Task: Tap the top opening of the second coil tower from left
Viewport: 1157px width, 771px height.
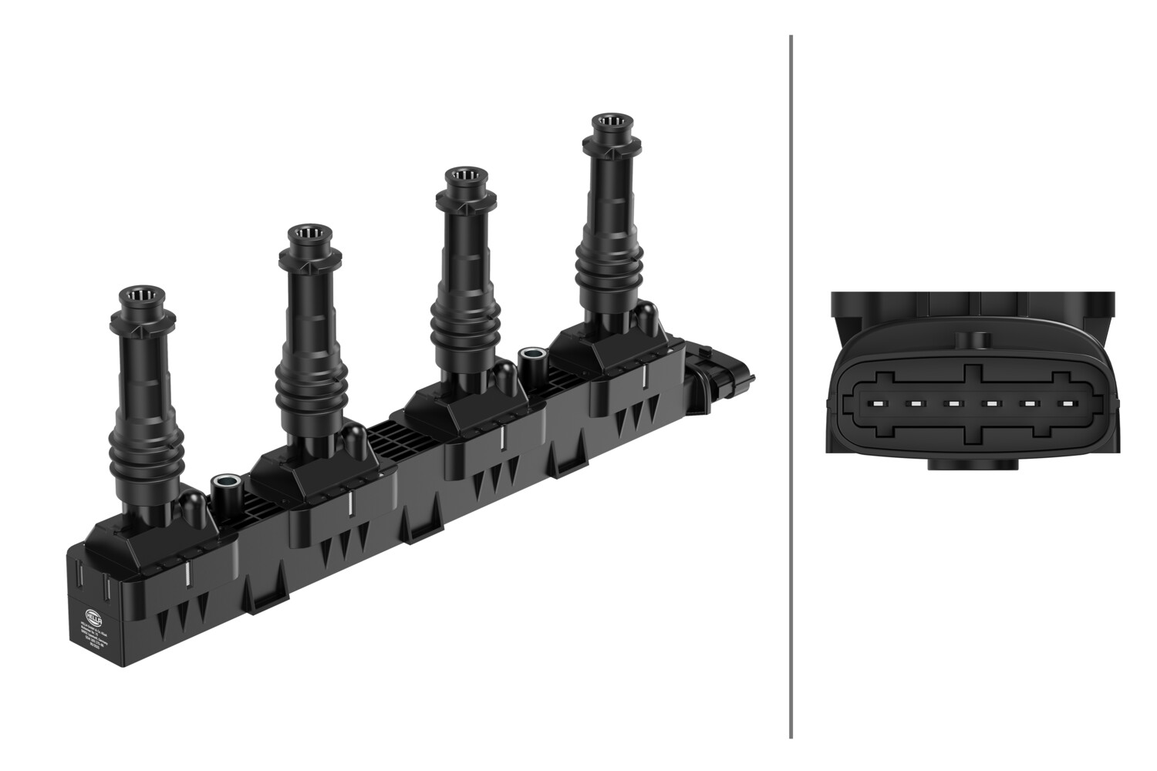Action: [x=312, y=234]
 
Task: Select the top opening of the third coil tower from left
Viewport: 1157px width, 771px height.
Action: [x=464, y=175]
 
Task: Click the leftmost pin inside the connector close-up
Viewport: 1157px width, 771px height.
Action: [x=877, y=402]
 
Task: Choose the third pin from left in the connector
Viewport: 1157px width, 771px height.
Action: [x=953, y=402]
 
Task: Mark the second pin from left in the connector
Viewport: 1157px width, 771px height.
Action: [x=916, y=402]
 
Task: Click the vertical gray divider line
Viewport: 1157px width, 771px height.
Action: [x=791, y=385]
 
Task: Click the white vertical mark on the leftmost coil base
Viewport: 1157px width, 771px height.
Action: [x=187, y=574]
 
